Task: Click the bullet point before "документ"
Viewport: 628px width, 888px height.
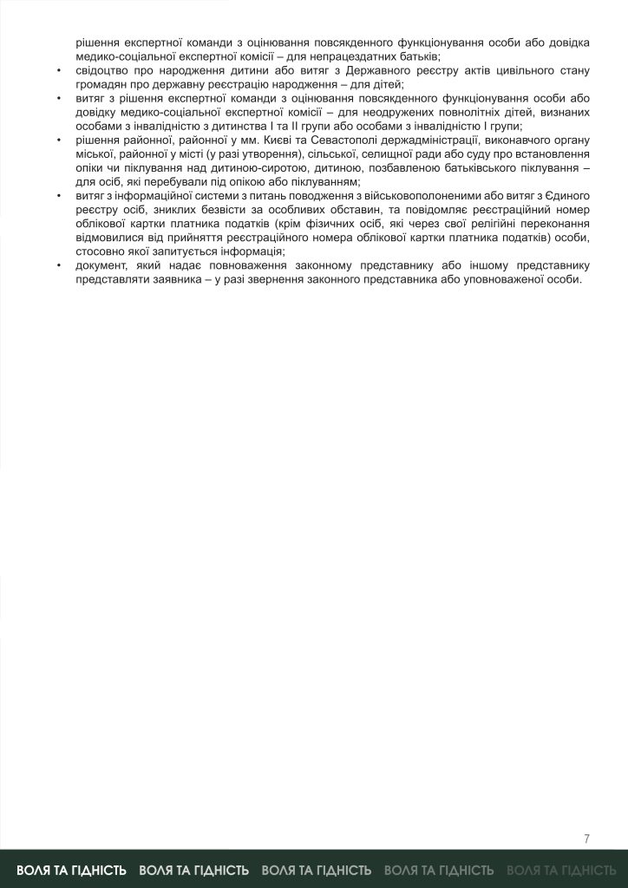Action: coord(58,266)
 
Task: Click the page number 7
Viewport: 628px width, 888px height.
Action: coord(587,838)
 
